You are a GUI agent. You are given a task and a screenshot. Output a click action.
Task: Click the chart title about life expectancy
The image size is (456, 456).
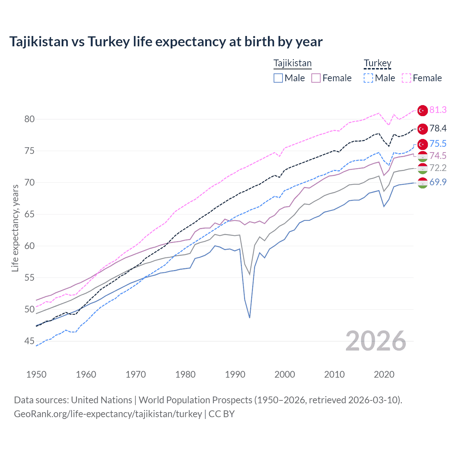pyautogui.click(x=166, y=42)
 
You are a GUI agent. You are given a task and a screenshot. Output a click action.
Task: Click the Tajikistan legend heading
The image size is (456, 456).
pyautogui.click(x=292, y=63)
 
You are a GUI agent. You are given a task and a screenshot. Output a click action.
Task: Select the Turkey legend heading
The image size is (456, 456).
pyautogui.click(x=377, y=63)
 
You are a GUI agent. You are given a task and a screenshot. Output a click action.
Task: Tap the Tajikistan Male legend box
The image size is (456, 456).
pyautogui.click(x=278, y=78)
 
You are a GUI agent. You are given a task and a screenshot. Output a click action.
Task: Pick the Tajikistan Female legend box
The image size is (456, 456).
pyautogui.click(x=316, y=78)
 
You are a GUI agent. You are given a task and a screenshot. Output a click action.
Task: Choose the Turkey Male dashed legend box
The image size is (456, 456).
pyautogui.click(x=368, y=78)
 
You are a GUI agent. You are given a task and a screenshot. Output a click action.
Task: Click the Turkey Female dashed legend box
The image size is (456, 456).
pyautogui.click(x=406, y=78)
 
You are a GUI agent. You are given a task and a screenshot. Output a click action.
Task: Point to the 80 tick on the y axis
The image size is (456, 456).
pyautogui.click(x=30, y=119)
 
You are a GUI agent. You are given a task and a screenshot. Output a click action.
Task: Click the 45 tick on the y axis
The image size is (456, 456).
pyautogui.click(x=30, y=341)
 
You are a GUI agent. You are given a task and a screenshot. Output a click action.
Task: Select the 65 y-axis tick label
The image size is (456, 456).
pyautogui.click(x=30, y=214)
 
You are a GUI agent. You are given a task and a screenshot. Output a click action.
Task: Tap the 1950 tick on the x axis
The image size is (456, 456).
pyautogui.click(x=36, y=374)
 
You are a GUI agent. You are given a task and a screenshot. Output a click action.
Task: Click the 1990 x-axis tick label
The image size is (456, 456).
pyautogui.click(x=235, y=374)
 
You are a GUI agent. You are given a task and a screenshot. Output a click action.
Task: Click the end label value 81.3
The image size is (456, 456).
pyautogui.click(x=438, y=110)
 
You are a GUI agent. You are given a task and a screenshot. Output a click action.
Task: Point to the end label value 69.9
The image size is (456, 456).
pyautogui.click(x=438, y=182)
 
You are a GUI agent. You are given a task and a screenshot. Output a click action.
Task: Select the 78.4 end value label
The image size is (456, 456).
pyautogui.click(x=438, y=128)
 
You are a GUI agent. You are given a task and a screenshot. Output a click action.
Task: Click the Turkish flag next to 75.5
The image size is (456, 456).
pyautogui.click(x=423, y=144)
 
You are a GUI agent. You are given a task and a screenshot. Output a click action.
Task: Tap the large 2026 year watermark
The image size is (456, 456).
pyautogui.click(x=375, y=341)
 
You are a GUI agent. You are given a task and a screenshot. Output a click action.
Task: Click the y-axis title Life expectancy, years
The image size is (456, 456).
pyautogui.click(x=15, y=228)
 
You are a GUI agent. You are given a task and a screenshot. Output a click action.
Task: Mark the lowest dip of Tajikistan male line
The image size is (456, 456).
pyautogui.click(x=250, y=317)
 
